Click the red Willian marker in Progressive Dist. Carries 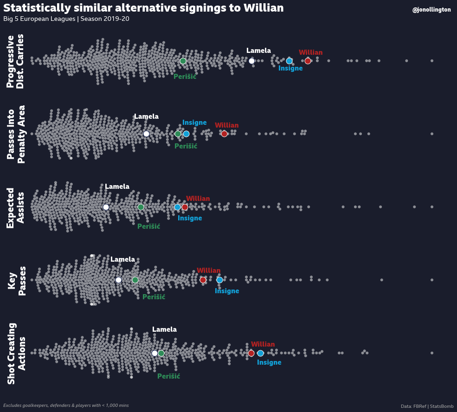tap(308, 61)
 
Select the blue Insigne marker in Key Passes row tap(219, 280)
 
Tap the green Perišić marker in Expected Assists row tap(141, 207)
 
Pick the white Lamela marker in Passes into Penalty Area tap(146, 134)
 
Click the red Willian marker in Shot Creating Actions tap(251, 353)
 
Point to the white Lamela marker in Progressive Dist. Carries tap(251, 61)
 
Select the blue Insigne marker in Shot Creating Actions tap(260, 353)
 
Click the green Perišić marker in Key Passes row tap(135, 280)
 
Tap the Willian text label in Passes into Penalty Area tap(226, 125)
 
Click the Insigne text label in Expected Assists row tap(190, 218)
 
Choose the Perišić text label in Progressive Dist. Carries tap(185, 77)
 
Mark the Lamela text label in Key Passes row tap(122, 259)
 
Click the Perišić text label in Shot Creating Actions tap(168, 376)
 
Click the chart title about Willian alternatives tap(143, 8)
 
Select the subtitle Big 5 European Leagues tap(66, 19)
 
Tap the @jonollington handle tap(431, 10)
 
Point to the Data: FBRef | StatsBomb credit tap(427, 406)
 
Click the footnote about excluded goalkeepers tap(66, 406)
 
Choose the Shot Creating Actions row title tap(16, 353)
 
